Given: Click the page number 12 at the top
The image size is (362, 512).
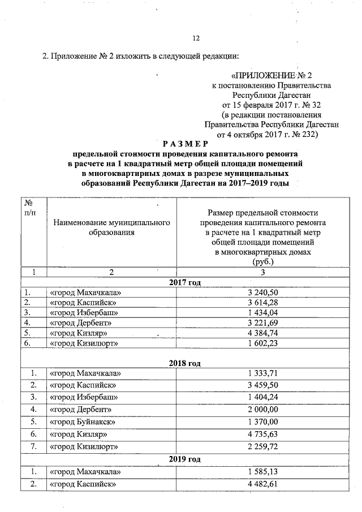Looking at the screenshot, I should click(x=197, y=38).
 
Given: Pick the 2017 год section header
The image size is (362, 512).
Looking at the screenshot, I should click(x=185, y=282).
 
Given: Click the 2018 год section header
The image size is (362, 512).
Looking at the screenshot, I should click(x=185, y=363).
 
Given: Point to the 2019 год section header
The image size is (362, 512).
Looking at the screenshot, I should click(x=185, y=459).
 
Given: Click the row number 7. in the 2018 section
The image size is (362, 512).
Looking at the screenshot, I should click(x=34, y=447).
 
